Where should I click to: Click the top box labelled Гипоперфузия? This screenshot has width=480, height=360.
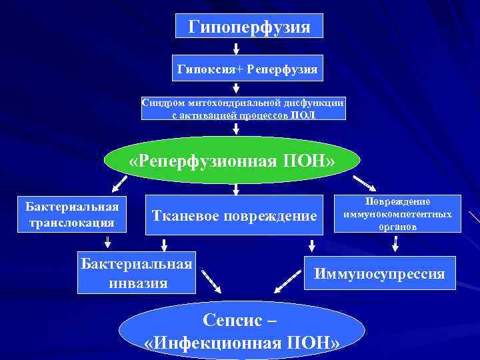click(249, 27)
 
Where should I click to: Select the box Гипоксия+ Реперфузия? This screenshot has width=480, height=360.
click(247, 69)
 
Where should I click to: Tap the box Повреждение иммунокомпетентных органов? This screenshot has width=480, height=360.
click(397, 213)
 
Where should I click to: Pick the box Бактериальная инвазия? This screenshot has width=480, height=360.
click(136, 273)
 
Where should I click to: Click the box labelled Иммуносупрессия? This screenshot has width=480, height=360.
click(379, 273)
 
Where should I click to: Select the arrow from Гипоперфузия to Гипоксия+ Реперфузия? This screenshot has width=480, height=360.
click(235, 48)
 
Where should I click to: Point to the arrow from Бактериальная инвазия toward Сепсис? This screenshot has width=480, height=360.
click(211, 281)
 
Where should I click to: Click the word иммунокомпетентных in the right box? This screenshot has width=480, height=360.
click(397, 214)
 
